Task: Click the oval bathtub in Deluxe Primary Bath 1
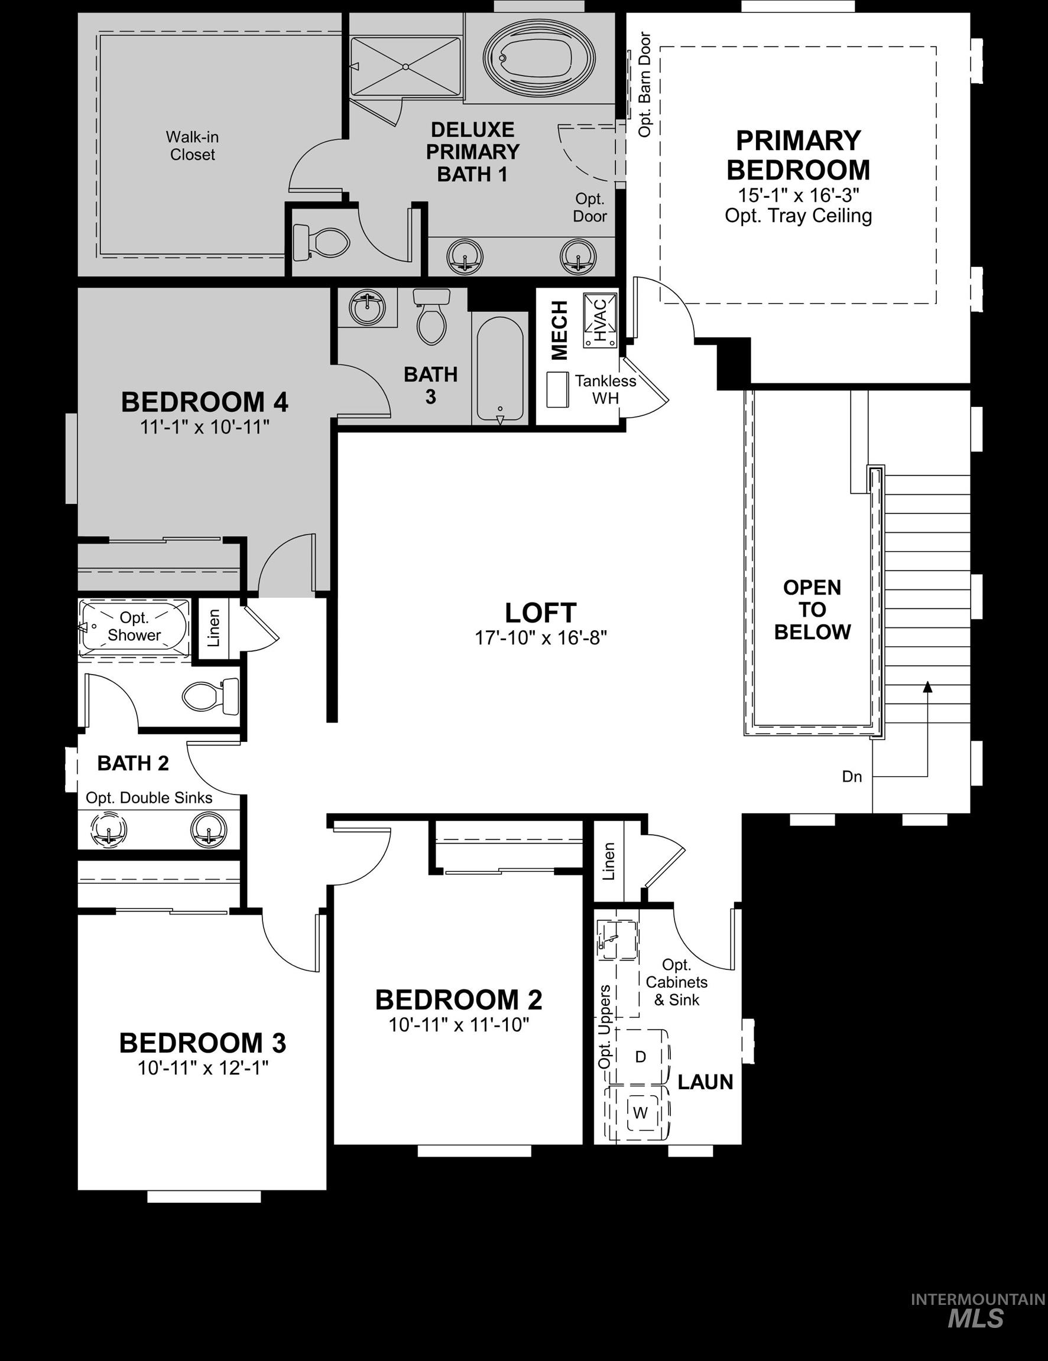coord(540,58)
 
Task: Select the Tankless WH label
coord(605,389)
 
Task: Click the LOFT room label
coord(540,613)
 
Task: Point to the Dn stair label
coord(852,776)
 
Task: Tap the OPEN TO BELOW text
coord(812,610)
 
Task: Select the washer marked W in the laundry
coord(640,1112)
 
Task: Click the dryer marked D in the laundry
coord(640,1057)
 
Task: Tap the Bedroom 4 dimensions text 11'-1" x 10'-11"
coord(205,427)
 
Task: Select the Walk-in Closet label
coord(192,146)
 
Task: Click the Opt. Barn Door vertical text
coord(645,84)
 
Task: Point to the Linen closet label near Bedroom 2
coord(609,861)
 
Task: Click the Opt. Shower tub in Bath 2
coord(134,626)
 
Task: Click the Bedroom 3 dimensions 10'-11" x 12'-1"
coord(203,1068)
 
